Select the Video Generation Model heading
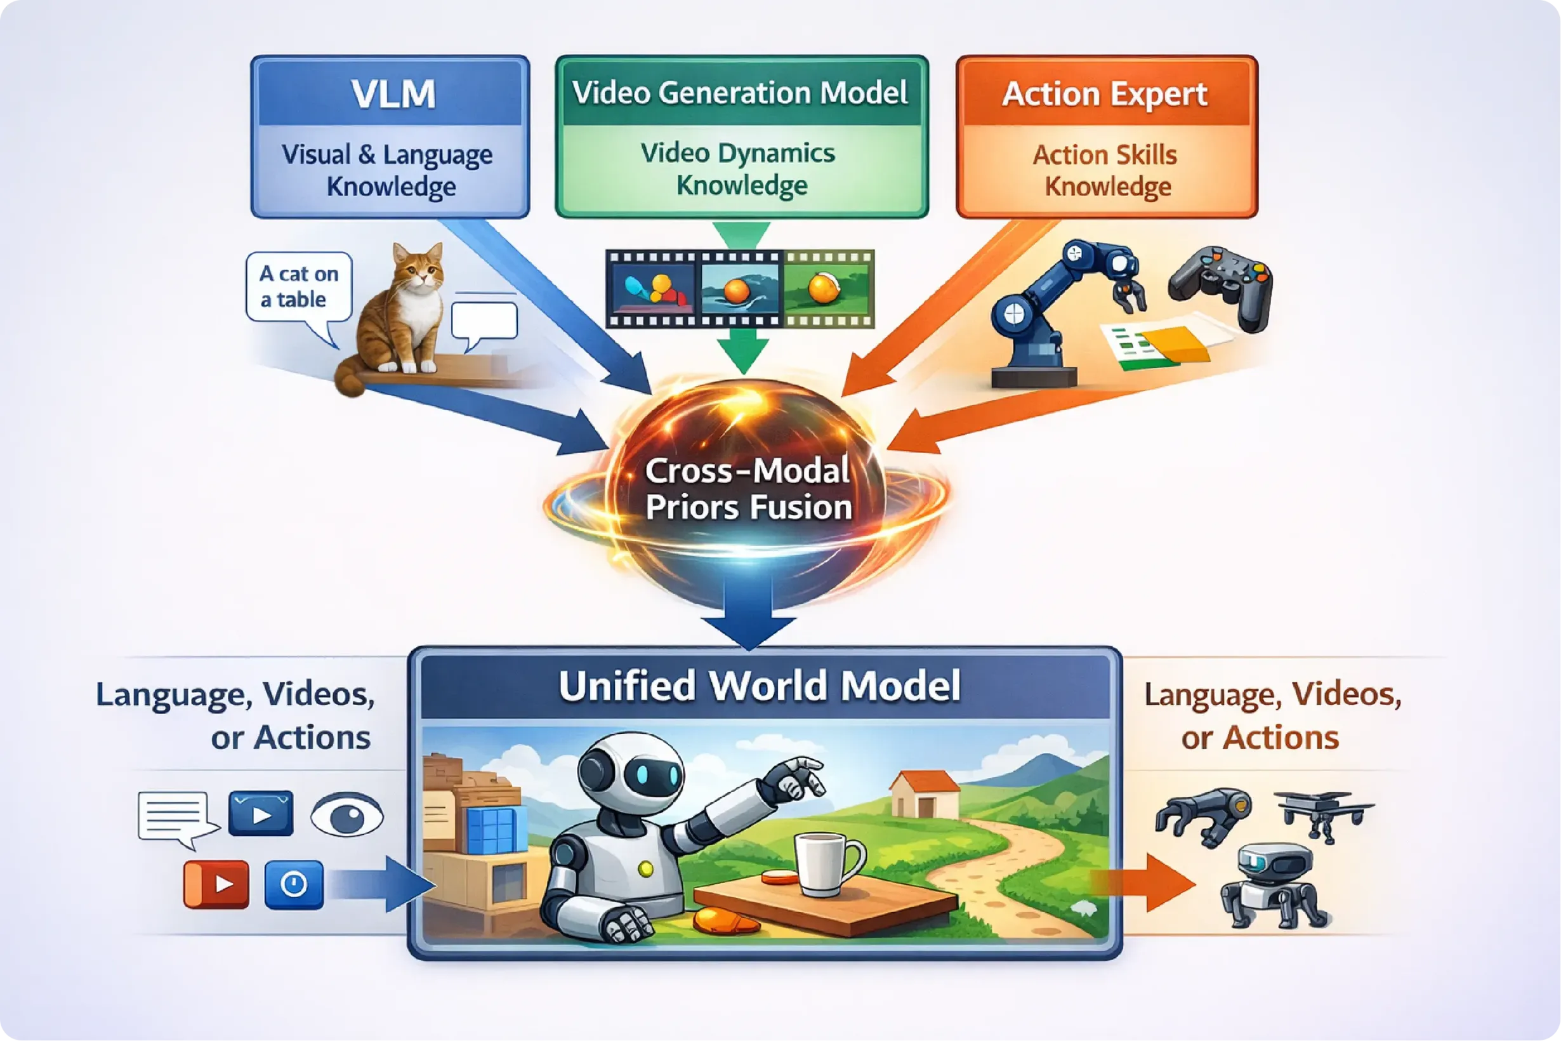(x=740, y=92)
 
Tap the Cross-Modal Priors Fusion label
(x=748, y=489)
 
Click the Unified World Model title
(x=760, y=685)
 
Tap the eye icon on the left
(x=347, y=814)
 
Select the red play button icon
(x=216, y=884)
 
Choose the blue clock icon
(x=294, y=884)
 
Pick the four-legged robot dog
(x=1271, y=885)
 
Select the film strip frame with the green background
(x=826, y=289)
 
